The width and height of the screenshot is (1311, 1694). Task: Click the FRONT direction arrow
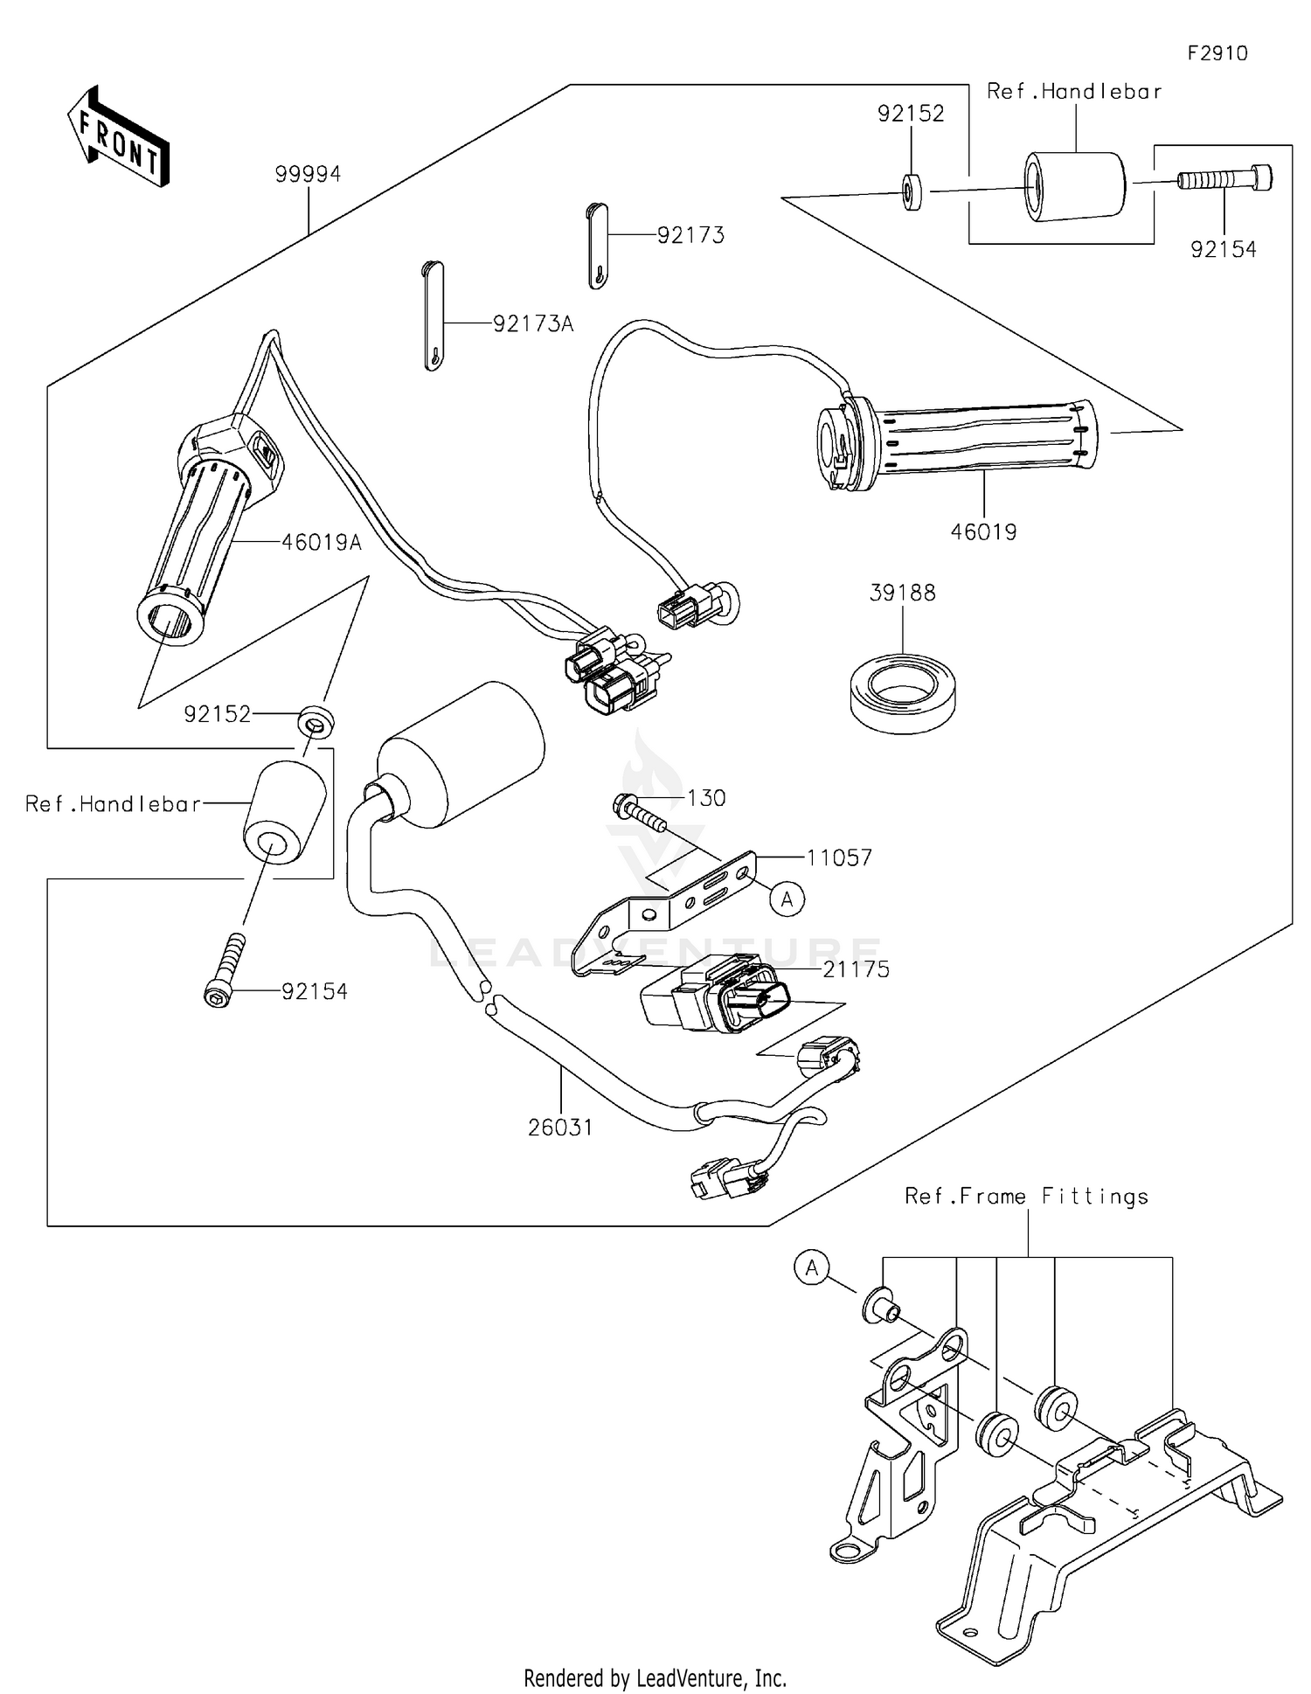click(119, 137)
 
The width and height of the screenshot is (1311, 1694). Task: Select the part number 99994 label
click(308, 174)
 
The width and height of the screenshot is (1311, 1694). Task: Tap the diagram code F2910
click(1217, 53)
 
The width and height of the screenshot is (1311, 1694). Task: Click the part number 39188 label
click(902, 593)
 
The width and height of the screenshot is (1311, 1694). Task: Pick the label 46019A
click(321, 542)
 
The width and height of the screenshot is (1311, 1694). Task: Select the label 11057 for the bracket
click(839, 857)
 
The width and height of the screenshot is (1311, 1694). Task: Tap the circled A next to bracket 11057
click(787, 899)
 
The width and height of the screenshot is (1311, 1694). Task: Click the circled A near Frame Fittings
click(812, 1267)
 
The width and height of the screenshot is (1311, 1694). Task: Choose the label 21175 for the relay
click(856, 968)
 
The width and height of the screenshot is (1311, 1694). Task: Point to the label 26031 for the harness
click(560, 1128)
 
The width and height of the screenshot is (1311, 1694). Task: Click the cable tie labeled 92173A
click(434, 316)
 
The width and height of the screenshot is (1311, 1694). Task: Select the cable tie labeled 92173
click(597, 246)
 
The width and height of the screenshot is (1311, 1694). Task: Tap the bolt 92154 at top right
click(1224, 179)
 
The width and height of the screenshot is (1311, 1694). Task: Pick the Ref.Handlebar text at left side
click(113, 803)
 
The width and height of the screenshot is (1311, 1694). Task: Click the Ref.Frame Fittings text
click(1026, 1196)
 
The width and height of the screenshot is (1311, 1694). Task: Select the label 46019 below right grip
click(983, 531)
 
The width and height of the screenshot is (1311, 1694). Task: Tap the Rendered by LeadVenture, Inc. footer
click(655, 1677)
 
